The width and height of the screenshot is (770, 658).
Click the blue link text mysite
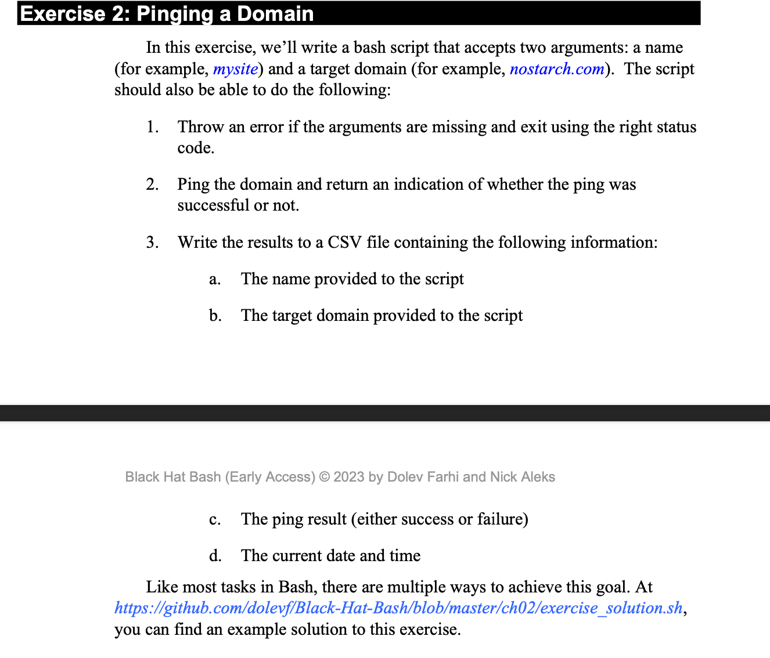(235, 69)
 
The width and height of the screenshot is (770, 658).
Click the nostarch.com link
(557, 69)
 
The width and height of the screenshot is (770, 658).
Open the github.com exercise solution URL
(398, 608)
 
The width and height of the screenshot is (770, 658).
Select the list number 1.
(152, 127)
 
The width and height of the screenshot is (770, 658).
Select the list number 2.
(152, 185)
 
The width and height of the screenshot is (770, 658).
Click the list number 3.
(152, 242)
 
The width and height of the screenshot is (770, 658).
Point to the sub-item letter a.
(215, 279)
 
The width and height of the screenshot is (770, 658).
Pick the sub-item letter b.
(215, 316)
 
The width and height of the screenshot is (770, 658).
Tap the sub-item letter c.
(215, 519)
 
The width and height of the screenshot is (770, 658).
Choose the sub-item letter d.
(215, 555)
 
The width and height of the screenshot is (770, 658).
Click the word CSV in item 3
(344, 242)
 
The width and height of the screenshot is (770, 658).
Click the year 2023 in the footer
(349, 477)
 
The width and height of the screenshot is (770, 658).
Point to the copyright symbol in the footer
(325, 477)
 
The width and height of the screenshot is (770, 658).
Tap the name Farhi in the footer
(443, 477)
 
